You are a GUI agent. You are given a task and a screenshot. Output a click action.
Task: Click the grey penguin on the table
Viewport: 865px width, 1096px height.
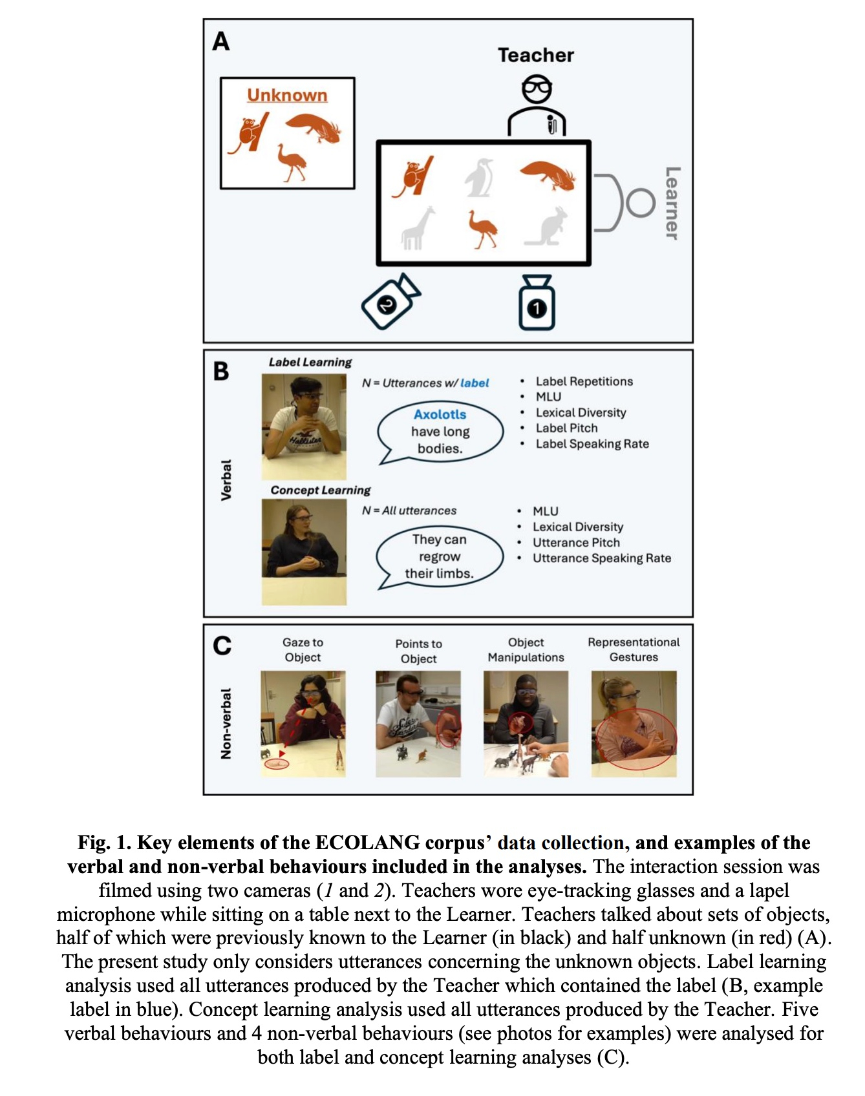pyautogui.click(x=479, y=178)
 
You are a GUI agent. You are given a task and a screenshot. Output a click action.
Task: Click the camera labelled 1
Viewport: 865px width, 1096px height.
pyautogui.click(x=537, y=303)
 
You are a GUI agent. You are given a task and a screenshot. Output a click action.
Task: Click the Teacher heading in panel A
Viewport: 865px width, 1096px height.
pyautogui.click(x=535, y=56)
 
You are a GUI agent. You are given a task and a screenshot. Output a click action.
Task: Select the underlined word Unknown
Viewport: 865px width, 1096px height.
pyautogui.click(x=287, y=96)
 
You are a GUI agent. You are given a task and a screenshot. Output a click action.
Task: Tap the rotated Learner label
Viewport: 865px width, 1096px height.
pyautogui.click(x=672, y=203)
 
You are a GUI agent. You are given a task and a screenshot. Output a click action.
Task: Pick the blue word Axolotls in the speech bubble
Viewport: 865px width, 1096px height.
pyautogui.click(x=440, y=414)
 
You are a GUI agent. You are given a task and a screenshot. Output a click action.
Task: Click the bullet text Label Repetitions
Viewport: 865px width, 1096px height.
pyautogui.click(x=584, y=381)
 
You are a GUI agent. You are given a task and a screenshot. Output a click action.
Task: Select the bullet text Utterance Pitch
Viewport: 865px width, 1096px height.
pyautogui.click(x=575, y=543)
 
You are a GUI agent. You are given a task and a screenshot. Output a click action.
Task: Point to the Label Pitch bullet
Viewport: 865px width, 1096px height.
pyautogui.click(x=566, y=428)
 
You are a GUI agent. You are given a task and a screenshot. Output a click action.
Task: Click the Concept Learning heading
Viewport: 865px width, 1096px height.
pyautogui.click(x=321, y=490)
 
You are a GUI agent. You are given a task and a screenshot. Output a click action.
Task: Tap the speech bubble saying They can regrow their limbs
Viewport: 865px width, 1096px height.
pyautogui.click(x=440, y=556)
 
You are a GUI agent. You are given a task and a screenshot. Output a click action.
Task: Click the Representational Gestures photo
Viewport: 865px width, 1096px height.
pyautogui.click(x=634, y=723)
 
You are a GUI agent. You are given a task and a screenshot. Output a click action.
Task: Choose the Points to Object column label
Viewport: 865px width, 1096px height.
pyautogui.click(x=418, y=651)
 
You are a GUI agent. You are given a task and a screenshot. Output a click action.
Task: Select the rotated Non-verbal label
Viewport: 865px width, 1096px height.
pyautogui.click(x=226, y=723)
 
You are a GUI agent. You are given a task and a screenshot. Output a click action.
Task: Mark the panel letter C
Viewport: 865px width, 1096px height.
pyautogui.click(x=222, y=645)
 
